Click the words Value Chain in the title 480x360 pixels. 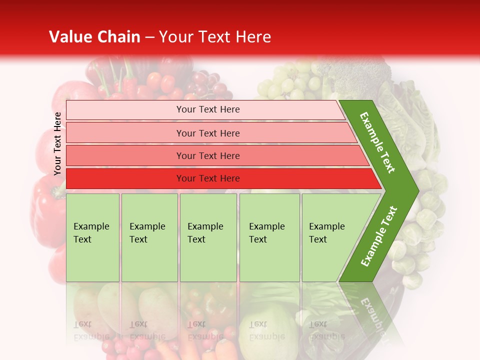tap(94, 37)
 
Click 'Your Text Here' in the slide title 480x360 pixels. tap(215, 37)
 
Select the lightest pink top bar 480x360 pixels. tap(125, 110)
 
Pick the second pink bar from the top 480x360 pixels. tap(125, 133)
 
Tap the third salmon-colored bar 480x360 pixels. tap(125, 155)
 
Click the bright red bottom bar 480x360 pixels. tap(125, 178)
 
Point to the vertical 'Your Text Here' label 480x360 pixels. tap(57, 143)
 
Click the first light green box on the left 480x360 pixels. tap(92, 237)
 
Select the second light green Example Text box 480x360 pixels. tap(149, 237)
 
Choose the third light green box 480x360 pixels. tap(208, 237)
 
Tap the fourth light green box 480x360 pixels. tap(269, 237)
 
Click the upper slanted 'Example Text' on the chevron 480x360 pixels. tap(377, 142)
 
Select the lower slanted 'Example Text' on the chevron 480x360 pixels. tap(379, 236)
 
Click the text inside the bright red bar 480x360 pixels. tap(208, 178)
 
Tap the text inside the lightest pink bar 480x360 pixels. tap(208, 109)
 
